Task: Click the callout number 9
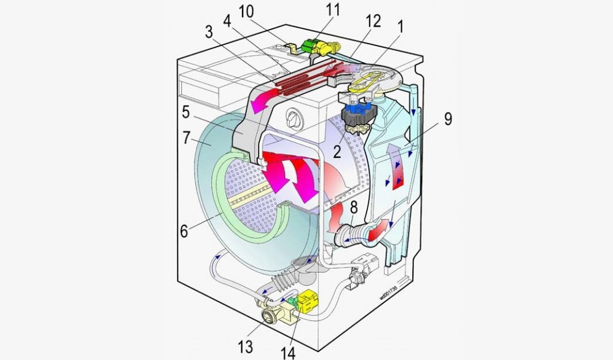(x=448, y=119)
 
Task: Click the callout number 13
(x=245, y=347)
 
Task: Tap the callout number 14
(x=287, y=353)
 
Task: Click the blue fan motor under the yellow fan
(x=354, y=112)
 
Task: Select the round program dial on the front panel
(x=294, y=117)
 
